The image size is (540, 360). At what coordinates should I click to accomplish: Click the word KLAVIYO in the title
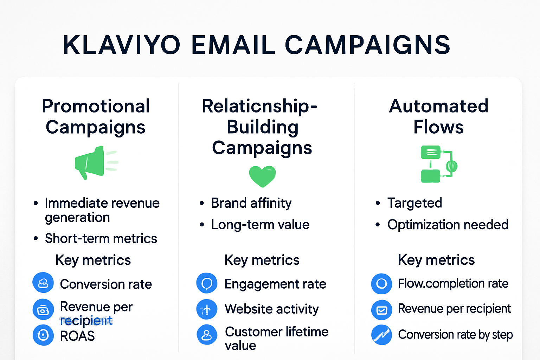pyautogui.click(x=121, y=45)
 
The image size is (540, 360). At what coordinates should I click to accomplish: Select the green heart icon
pyautogui.click(x=262, y=176)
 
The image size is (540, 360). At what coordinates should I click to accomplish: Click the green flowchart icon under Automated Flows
pyautogui.click(x=438, y=164)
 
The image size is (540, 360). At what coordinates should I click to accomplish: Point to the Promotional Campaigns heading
pyautogui.click(x=96, y=116)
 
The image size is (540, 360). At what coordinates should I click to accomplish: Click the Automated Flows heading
pyautogui.click(x=438, y=116)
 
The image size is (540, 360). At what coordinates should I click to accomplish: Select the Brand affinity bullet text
pyautogui.click(x=251, y=203)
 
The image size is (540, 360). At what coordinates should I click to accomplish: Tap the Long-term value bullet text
pyautogui.click(x=260, y=225)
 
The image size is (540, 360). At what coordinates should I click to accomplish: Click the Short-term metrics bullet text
pyautogui.click(x=101, y=239)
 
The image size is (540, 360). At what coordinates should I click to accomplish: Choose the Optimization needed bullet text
pyautogui.click(x=448, y=225)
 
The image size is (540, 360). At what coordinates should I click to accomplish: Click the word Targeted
pyautogui.click(x=414, y=203)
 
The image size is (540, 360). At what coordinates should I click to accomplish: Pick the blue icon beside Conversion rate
pyautogui.click(x=43, y=283)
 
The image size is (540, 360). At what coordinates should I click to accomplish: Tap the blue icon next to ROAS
pyautogui.click(x=43, y=335)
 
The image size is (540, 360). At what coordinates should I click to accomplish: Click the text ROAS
pyautogui.click(x=77, y=336)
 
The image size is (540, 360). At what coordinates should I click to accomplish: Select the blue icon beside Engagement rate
pyautogui.click(x=207, y=283)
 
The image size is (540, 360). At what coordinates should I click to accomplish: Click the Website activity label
pyautogui.click(x=271, y=309)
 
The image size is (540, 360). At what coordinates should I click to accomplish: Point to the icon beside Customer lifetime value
pyautogui.click(x=207, y=335)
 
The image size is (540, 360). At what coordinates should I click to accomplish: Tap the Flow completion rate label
pyautogui.click(x=453, y=283)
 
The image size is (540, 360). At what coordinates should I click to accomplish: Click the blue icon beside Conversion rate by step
pyautogui.click(x=381, y=335)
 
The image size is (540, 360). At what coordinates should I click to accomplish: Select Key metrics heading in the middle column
pyautogui.click(x=262, y=260)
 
